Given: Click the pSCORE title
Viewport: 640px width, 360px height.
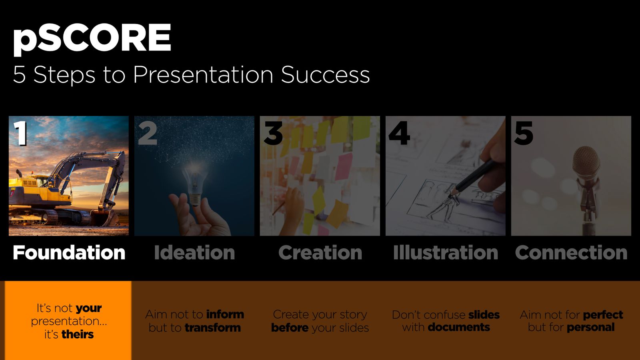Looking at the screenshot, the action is point(92,40).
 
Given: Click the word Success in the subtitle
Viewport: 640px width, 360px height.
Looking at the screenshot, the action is point(326,74).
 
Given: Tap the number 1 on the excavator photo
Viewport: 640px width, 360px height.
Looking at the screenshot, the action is point(20,133).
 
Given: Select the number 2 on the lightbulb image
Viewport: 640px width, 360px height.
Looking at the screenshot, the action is point(148,133).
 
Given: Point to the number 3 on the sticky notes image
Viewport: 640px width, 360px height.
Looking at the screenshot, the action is point(273,133).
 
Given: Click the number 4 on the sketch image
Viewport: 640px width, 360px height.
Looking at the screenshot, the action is point(399,133).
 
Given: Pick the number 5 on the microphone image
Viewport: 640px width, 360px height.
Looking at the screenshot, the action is point(524,133).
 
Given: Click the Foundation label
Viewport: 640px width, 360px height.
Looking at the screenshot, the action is point(69,252).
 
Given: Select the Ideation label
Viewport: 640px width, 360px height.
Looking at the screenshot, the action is point(194,252).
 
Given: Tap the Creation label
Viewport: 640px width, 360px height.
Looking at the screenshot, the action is point(320,252).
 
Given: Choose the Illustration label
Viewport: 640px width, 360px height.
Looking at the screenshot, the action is point(446,252).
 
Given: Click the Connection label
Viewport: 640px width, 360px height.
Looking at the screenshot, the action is point(571,252).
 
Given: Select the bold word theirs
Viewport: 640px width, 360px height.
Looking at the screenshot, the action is point(78,334).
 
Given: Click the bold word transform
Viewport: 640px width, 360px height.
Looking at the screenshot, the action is point(212,328).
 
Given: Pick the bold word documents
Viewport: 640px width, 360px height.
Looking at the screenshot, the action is point(459,327).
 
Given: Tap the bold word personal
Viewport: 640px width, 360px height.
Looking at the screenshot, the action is point(590,328).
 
